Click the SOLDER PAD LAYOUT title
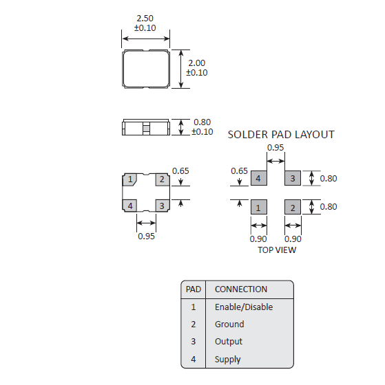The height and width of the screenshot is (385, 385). tap(281, 135)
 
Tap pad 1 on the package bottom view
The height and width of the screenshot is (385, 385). tap(129, 180)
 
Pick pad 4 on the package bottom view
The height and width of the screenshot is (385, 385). tap(129, 206)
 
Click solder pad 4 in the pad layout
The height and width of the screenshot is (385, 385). tap(258, 179)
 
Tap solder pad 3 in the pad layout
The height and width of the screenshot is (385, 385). tap(292, 179)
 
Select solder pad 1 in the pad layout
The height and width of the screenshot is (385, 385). tap(258, 208)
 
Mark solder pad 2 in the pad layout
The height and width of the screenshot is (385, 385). tap(292, 208)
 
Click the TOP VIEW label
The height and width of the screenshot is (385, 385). tap(277, 250)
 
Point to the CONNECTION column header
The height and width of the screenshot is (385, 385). tap(241, 289)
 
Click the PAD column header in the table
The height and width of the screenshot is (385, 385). tap(194, 289)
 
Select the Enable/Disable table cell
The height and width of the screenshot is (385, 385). tap(244, 307)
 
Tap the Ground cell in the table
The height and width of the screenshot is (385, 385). tap(229, 324)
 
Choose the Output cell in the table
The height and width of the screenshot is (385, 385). tap(229, 342)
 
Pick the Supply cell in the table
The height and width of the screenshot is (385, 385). tap(228, 359)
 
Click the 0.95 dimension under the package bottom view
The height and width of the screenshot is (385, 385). tap(145, 236)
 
